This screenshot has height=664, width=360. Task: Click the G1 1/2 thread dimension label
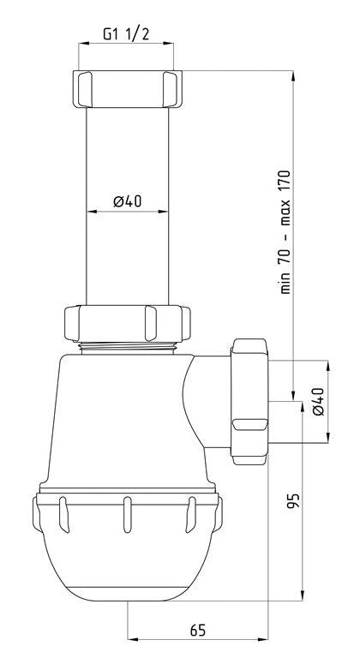click(x=126, y=34)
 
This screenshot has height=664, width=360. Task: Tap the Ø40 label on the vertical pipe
click(x=128, y=200)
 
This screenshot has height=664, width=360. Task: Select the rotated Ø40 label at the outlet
click(x=319, y=402)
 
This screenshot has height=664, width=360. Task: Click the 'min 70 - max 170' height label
click(x=285, y=231)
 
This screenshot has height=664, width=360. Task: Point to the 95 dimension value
click(x=294, y=500)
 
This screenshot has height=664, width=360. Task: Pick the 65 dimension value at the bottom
click(x=197, y=631)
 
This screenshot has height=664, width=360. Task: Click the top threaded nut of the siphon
click(x=128, y=89)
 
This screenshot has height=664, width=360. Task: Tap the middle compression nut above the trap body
click(x=127, y=323)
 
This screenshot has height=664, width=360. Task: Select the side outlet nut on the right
click(x=249, y=402)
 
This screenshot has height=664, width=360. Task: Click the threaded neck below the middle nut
click(x=127, y=348)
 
